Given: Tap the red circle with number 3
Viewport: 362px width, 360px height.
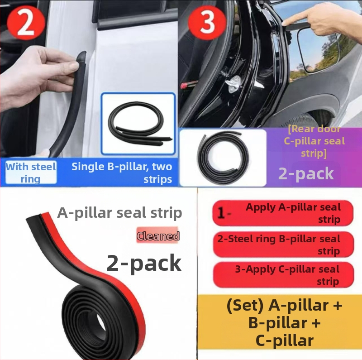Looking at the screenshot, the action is (207, 22).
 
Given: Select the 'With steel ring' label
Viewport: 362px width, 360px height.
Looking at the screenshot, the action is (31, 173).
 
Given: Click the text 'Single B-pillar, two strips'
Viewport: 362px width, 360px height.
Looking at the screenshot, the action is (122, 173).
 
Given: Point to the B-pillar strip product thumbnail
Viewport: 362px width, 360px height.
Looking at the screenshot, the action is (138, 124).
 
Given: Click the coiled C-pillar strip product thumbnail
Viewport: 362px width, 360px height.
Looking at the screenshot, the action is (223, 158).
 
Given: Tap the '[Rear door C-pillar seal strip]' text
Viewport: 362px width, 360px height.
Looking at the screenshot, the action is (314, 141).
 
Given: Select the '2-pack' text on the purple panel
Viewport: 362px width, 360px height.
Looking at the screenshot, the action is (306, 174).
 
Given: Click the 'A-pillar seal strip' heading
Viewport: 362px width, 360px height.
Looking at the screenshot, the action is (119, 213).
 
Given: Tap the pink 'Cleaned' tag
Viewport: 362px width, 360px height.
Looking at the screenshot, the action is (158, 235).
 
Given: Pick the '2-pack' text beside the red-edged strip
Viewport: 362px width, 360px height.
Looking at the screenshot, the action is (144, 264).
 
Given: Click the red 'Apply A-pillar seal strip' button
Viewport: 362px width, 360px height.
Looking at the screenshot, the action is (283, 213).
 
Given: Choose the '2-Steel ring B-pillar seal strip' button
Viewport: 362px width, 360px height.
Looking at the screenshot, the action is (283, 245).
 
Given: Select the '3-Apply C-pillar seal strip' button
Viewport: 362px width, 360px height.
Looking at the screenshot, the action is (283, 275).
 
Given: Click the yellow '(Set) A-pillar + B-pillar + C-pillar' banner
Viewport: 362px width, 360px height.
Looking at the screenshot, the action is (280, 322).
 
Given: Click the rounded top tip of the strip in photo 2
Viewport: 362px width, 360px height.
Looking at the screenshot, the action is (81, 55).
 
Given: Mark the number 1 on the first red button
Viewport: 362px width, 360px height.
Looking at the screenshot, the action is (221, 213).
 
